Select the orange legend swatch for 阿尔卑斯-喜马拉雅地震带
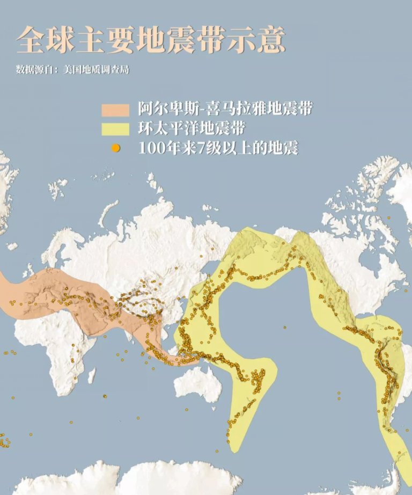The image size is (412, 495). pyautogui.click(x=115, y=110)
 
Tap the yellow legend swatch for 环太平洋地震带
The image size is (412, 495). pyautogui.click(x=115, y=129)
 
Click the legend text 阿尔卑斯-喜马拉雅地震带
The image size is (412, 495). pyautogui.click(x=225, y=110)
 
